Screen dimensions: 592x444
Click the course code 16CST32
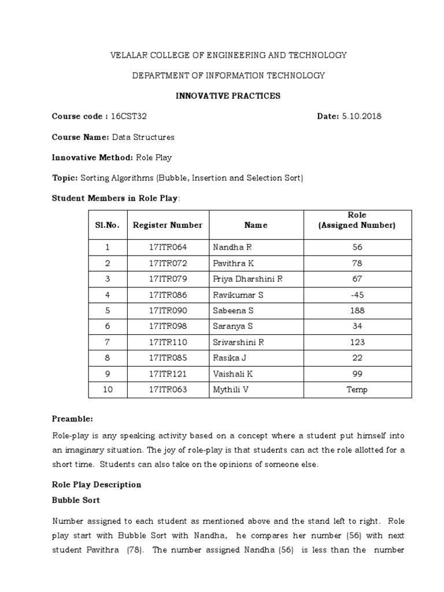click(x=128, y=116)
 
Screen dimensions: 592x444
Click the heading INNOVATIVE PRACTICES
click(x=228, y=96)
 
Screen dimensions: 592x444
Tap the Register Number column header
click(x=168, y=225)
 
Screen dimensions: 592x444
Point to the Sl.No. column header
click(x=108, y=225)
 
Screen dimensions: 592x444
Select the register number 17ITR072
click(x=168, y=263)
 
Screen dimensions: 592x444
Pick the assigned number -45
click(x=357, y=295)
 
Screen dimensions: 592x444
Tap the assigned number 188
click(x=357, y=310)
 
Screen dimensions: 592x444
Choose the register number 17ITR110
click(x=168, y=342)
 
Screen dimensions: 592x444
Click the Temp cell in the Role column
click(x=357, y=390)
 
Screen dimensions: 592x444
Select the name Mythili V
click(x=231, y=390)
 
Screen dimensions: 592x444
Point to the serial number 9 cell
click(x=108, y=374)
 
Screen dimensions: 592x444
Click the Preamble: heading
click(x=72, y=418)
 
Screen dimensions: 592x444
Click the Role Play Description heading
click(x=97, y=484)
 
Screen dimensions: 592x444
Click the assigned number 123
click(x=357, y=342)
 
